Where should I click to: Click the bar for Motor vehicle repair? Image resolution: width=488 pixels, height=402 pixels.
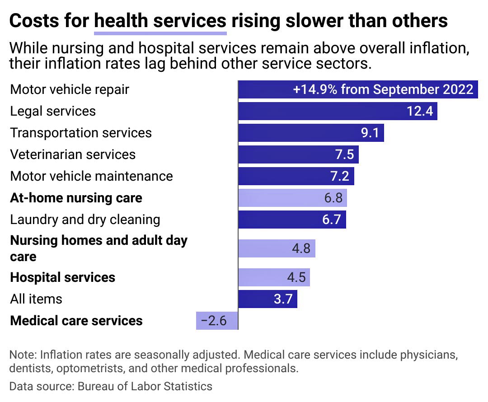[357, 89]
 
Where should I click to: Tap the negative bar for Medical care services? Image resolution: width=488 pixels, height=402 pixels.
[217, 321]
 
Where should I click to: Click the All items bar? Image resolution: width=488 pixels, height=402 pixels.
[267, 299]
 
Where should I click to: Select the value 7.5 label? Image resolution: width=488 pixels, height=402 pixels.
[344, 154]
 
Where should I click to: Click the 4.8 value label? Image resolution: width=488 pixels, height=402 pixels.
[300, 248]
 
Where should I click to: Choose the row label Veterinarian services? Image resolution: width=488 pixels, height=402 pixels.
[73, 154]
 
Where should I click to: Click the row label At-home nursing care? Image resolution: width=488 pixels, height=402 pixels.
[76, 198]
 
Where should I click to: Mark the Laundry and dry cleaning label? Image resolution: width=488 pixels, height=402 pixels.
[85, 220]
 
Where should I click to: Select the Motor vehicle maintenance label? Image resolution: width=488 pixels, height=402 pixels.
[91, 176]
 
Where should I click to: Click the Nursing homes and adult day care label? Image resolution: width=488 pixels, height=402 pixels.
[99, 248]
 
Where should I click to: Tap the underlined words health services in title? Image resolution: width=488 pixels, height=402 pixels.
[160, 21]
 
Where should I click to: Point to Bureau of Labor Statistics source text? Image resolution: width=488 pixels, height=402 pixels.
[145, 386]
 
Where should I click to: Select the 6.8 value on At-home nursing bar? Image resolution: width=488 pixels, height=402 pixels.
[333, 198]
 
